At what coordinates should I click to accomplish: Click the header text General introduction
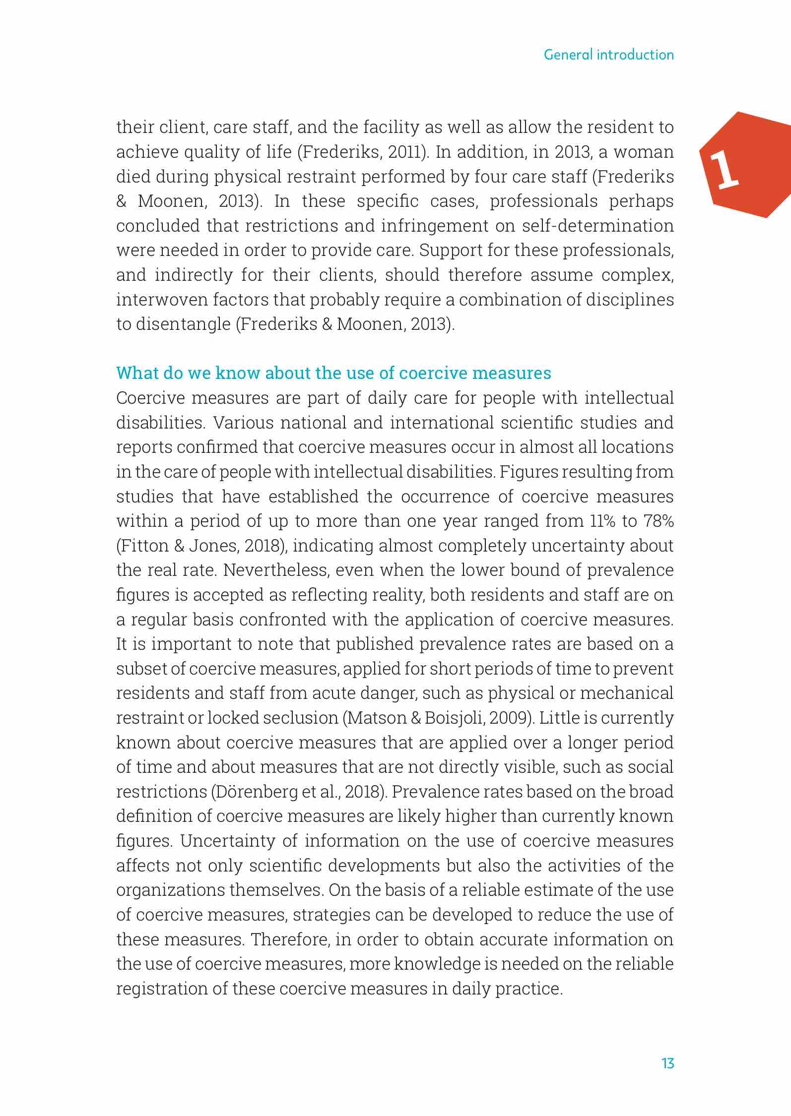pyautogui.click(x=608, y=55)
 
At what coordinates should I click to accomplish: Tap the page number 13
pyautogui.click(x=667, y=1063)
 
